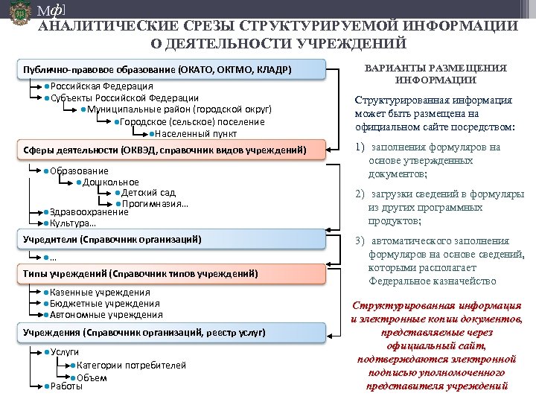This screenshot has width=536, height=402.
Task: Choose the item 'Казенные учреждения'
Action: pos(100,293)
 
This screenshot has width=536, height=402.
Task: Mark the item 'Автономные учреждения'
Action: pos(104,315)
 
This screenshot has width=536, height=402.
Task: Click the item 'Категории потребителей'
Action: pos(131,366)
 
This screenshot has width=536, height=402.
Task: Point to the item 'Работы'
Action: pos(66,386)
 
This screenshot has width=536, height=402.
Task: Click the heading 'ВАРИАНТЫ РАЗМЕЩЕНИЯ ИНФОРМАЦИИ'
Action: pos(436,73)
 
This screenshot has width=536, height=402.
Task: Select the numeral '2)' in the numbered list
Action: pos(360,194)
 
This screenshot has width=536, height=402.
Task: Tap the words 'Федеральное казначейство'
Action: pos(433,281)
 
